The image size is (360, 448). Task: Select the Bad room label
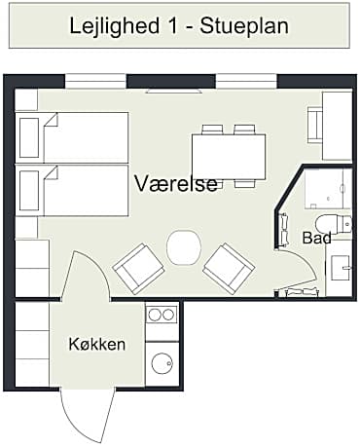(x=317, y=238)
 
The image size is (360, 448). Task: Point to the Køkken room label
(x=96, y=344)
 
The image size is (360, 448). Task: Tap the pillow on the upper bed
(x=30, y=137)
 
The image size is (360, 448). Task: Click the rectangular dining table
(x=229, y=156)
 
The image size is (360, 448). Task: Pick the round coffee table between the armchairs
(x=183, y=246)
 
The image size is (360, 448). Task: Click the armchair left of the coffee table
(x=139, y=268)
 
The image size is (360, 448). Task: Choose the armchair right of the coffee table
(x=228, y=268)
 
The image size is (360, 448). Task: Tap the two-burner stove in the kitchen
(x=161, y=315)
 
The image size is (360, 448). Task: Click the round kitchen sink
(x=161, y=366)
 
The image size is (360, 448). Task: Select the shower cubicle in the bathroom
(x=327, y=188)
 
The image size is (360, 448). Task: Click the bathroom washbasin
(x=341, y=267)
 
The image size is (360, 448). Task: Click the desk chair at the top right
(x=314, y=124)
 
